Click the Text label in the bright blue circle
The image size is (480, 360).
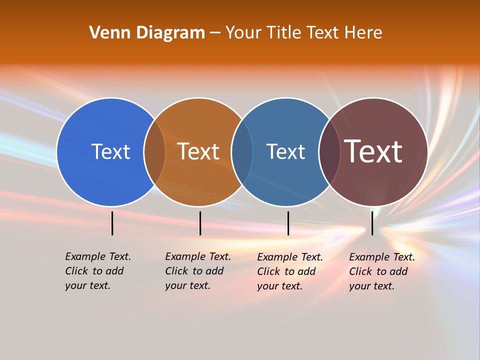[110, 151]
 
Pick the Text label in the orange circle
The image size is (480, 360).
[198, 151]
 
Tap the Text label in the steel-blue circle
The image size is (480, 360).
[285, 151]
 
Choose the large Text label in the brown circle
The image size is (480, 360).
[373, 151]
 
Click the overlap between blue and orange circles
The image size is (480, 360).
[154, 151]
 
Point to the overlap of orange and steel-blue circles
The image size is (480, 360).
[242, 151]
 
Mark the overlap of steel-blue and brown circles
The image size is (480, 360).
[329, 151]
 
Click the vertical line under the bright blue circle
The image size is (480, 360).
[112, 223]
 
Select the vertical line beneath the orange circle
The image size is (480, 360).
[200, 223]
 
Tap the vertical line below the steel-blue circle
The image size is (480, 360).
[288, 223]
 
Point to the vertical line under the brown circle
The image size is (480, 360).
[372, 223]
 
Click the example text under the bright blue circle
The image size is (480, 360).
[97, 271]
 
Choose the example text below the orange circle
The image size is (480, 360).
[197, 271]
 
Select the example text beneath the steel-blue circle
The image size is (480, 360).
[289, 271]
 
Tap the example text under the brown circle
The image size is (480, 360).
[381, 271]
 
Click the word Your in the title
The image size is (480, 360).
[243, 33]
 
